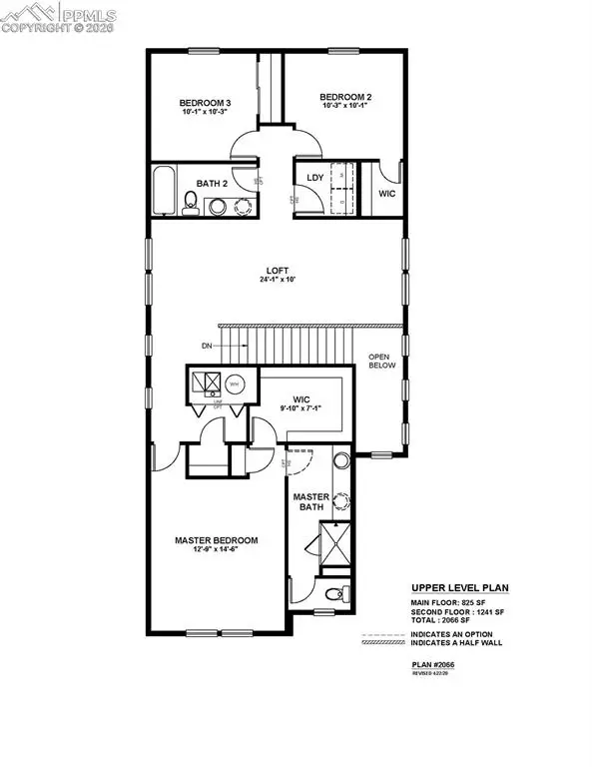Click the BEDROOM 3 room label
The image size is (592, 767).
[205, 103]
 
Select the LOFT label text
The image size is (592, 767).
[277, 269]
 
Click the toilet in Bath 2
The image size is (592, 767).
[190, 206]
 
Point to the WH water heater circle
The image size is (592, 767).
[234, 383]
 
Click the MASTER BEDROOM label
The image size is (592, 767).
[217, 540]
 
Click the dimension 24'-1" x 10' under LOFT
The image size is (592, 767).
[277, 280]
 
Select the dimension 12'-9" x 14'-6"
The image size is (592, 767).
[217, 552]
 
